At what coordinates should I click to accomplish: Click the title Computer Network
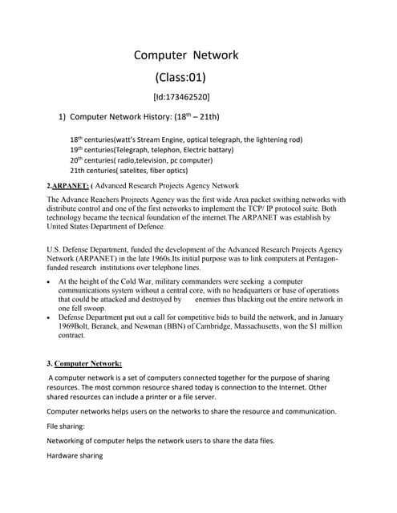tap(185, 55)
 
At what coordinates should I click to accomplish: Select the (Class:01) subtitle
tap(180, 78)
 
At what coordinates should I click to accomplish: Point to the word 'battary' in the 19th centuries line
tap(219, 149)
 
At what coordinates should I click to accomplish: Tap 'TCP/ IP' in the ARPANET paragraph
tap(265, 208)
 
